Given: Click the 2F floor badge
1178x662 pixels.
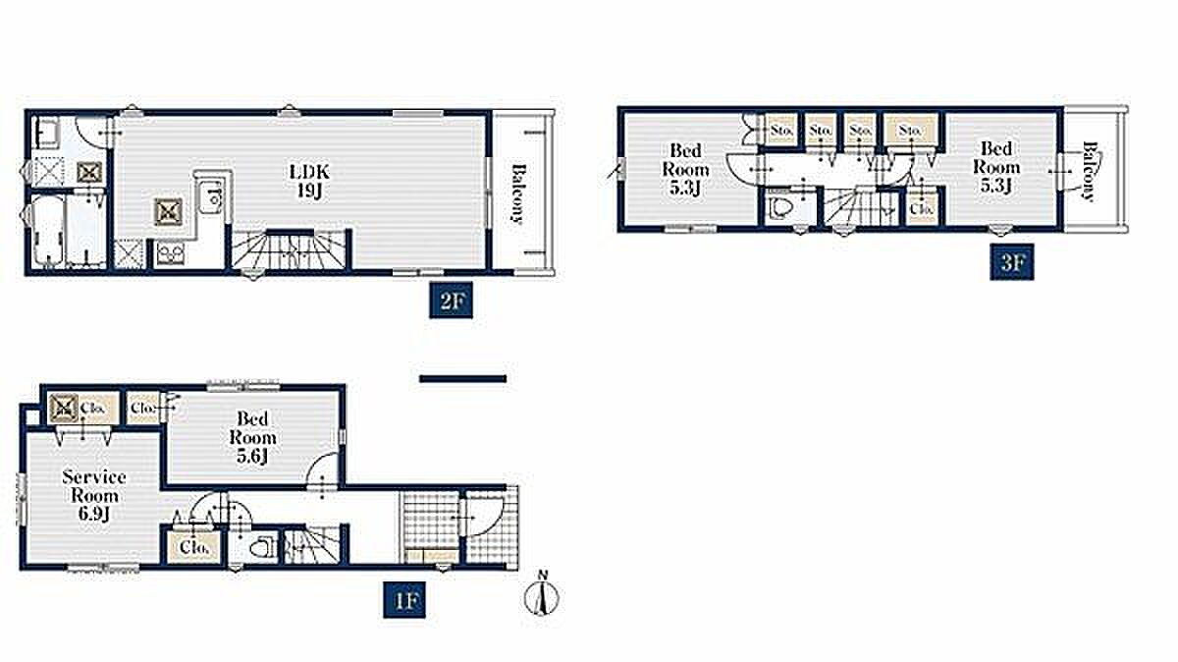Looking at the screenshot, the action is (451, 301).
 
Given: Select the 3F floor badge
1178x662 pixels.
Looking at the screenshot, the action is (1012, 261).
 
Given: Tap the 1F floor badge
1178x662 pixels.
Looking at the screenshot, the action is (404, 599).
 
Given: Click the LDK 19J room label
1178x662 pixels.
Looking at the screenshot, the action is (309, 181).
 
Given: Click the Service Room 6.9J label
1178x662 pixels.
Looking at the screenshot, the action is (94, 495).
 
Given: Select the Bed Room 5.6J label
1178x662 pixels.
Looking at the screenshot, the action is (252, 437).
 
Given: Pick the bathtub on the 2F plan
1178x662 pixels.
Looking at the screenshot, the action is (48, 230).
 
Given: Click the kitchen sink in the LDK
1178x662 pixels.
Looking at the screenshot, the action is (211, 195).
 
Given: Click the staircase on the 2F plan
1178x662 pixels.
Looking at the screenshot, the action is (290, 250).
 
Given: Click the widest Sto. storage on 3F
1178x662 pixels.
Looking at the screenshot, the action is (911, 129).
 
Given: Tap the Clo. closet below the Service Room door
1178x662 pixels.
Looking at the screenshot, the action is (193, 547).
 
